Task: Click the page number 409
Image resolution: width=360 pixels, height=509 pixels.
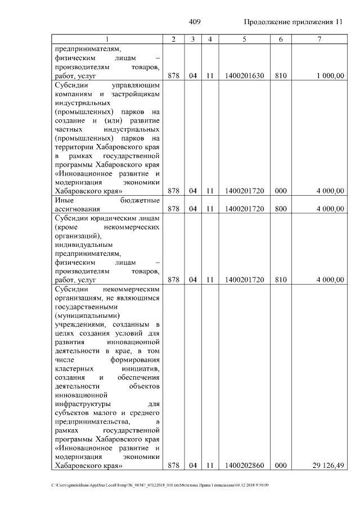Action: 195,22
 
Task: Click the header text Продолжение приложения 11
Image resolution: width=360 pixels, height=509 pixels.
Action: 293,22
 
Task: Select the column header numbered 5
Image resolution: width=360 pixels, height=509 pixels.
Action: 244,39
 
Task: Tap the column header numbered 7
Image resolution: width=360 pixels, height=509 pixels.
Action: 318,39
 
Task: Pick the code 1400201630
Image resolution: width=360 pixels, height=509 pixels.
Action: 244,75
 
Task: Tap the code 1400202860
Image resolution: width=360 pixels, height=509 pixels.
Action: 244,466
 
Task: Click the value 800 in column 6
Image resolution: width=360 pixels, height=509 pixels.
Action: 281,209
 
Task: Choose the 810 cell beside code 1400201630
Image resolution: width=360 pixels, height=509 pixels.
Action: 281,75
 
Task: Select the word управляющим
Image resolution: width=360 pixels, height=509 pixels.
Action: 137,85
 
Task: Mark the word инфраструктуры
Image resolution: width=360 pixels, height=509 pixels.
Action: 82,404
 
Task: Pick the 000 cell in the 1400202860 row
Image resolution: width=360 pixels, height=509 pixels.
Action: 281,466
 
